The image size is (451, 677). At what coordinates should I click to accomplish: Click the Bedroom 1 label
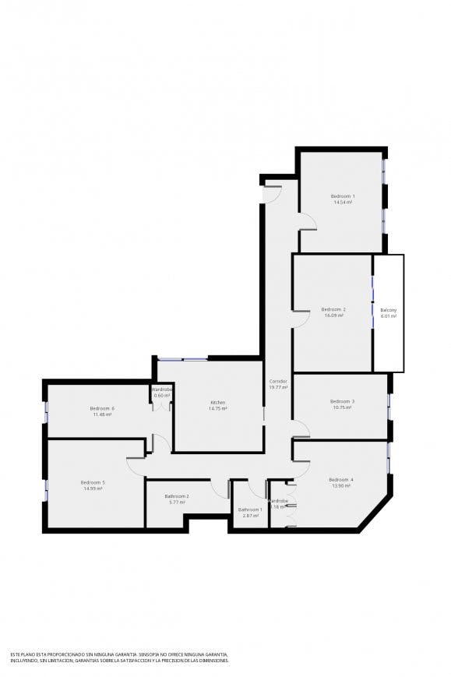pos(342,196)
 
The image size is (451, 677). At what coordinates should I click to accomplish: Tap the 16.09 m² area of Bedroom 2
pos(334,316)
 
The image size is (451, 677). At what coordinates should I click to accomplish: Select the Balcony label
pos(389,310)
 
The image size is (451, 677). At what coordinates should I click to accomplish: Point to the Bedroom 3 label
pos(342,401)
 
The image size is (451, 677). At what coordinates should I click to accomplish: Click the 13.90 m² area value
pos(340,485)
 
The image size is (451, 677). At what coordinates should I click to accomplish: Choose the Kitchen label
pos(218,402)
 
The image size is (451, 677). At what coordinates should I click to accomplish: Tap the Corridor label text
pos(278,381)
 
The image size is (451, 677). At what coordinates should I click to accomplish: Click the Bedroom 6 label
pos(102,408)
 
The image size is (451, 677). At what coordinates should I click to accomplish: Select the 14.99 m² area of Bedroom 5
pos(93,488)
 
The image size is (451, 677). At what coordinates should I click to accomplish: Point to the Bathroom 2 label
pos(177,495)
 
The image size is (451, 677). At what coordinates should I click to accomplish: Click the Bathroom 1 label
pos(251,510)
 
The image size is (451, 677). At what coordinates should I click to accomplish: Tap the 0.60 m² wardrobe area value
pos(162,396)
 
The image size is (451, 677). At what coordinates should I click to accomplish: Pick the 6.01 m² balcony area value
pos(389,316)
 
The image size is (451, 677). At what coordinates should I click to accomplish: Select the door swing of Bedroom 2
pos(300,315)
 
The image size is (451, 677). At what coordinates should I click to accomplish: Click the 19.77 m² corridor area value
pos(278,387)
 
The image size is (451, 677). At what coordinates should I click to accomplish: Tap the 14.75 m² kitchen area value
pos(218,408)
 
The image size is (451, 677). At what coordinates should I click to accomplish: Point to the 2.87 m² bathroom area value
pos(251,516)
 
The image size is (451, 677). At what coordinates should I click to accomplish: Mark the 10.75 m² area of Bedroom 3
pos(342,407)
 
